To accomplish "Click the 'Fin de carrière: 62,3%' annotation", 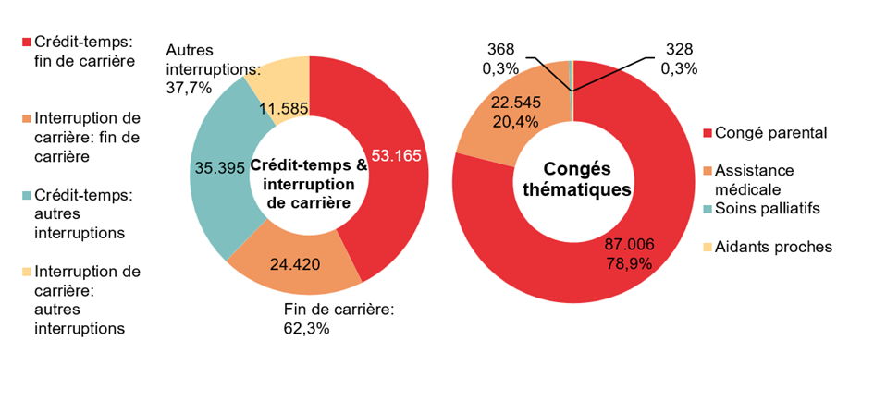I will [339, 317].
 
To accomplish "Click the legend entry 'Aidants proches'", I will [773, 247].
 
